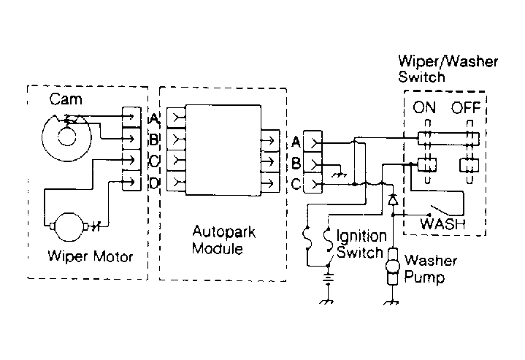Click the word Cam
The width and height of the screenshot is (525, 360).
pos(66,99)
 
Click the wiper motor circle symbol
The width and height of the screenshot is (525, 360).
pos(69,226)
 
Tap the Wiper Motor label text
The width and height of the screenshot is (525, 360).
pos(91,256)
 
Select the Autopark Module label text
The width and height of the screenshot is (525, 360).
pos(223,240)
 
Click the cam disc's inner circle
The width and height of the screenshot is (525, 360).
pos(67,137)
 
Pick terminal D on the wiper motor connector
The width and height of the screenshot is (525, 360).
pos(131,181)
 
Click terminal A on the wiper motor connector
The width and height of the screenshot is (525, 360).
pos(131,117)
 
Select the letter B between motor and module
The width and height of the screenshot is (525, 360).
pos(153,139)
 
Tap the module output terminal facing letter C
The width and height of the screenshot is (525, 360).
pos(270,183)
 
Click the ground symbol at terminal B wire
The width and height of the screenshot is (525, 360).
pos(340,174)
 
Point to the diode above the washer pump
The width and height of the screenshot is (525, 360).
pos(393,200)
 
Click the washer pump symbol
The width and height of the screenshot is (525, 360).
pos(392,267)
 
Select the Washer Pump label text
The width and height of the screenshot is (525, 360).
pos(431,269)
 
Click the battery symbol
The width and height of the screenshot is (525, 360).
pos(328,278)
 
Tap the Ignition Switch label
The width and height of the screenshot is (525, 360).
pos(361,244)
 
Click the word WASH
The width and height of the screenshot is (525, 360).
pos(442,223)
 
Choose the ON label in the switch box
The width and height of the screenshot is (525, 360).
pos(424,107)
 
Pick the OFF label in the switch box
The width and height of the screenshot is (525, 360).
pos(466,107)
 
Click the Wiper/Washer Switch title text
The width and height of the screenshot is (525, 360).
pos(448,69)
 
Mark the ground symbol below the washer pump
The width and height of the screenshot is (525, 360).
pos(391,302)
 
